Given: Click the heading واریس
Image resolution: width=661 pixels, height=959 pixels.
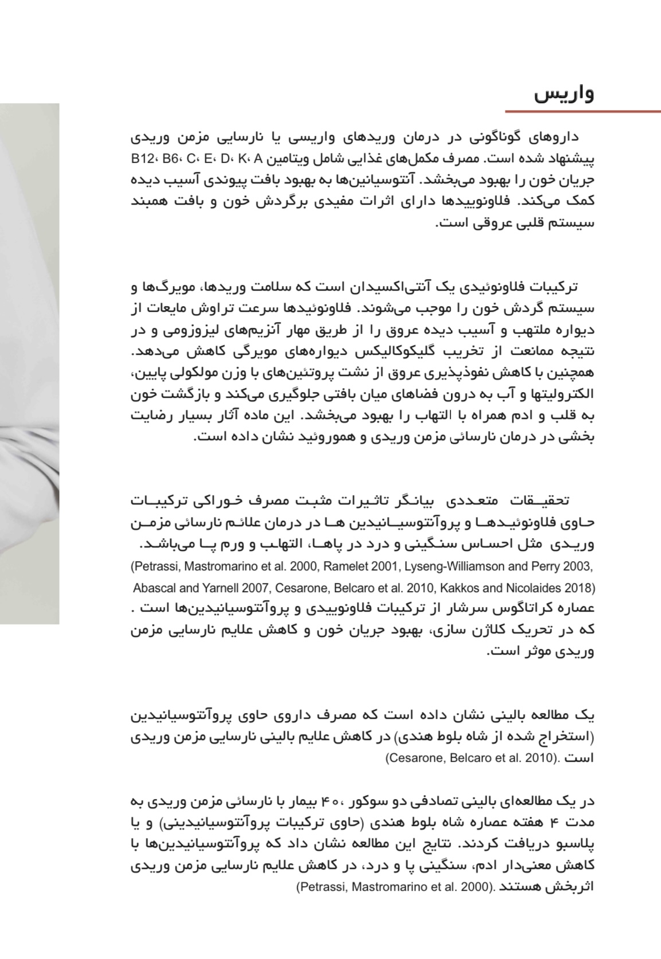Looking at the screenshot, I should pos(563,93).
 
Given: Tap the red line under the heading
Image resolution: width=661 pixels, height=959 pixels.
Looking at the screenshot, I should pos(582,111).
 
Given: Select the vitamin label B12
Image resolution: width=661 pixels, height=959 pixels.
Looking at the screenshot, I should pos(142,159).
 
